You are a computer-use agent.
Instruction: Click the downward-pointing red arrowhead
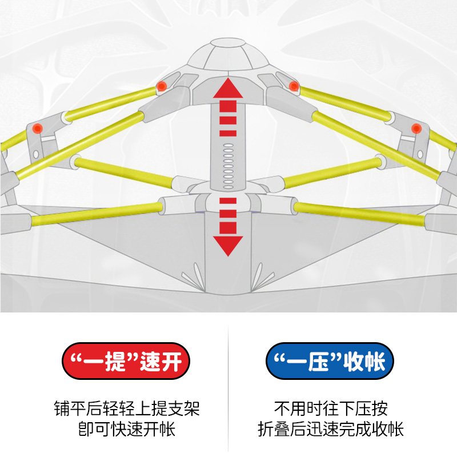pyautogui.click(x=228, y=245)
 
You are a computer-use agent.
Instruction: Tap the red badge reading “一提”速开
pyautogui.click(x=125, y=361)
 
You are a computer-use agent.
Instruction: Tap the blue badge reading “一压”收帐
pyautogui.click(x=331, y=361)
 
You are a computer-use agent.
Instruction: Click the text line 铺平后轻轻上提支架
pyautogui.click(x=126, y=409)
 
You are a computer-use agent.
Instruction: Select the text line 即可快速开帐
pyautogui.click(x=126, y=429)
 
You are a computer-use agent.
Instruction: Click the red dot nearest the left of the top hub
pyautogui.click(x=162, y=86)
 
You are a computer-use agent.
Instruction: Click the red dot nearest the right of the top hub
pyautogui.click(x=294, y=86)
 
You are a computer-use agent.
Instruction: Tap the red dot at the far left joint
pyautogui.click(x=37, y=127)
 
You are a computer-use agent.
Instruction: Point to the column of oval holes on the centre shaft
pyautogui.click(x=228, y=166)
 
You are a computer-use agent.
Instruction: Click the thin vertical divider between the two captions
pyautogui.click(x=228, y=388)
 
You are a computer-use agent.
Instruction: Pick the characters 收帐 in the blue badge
pyautogui.click(x=366, y=361)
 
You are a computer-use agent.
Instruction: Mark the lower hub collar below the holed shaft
pyautogui.click(x=228, y=200)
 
